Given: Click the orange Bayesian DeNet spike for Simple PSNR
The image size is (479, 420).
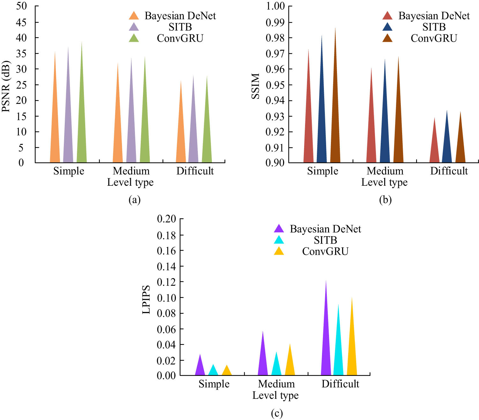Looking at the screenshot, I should click(x=55, y=128).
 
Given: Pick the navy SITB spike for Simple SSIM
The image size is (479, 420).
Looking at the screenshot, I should click(x=322, y=121).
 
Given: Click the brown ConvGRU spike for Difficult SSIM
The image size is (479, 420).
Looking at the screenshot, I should click(x=460, y=147).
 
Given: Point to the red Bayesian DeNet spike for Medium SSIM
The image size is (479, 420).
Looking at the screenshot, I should click(x=371, y=134).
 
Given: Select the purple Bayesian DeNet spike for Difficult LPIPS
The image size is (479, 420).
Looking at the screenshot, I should click(x=326, y=345).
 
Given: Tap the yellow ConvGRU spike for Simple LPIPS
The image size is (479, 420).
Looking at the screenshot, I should click(x=227, y=371).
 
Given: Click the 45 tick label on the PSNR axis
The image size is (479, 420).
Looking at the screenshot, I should click(x=21, y=22).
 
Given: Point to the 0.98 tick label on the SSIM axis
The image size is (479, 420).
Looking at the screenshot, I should click(x=275, y=38).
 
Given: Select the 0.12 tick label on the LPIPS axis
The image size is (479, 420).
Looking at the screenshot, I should click(x=166, y=282).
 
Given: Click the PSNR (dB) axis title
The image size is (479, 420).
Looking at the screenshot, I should click(x=6, y=86).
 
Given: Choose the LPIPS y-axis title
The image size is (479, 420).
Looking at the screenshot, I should click(x=146, y=299).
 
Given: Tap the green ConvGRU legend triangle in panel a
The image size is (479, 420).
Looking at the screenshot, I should click(x=134, y=38).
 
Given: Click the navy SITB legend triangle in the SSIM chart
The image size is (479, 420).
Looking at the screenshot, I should click(x=387, y=27).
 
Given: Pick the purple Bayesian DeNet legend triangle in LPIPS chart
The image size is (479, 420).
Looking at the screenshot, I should click(x=279, y=229).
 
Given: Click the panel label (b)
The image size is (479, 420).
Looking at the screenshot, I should click(x=385, y=200).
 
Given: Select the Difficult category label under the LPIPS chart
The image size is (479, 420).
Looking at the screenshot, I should click(x=340, y=384).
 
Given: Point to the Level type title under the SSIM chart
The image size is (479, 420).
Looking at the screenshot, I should click(x=384, y=183).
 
